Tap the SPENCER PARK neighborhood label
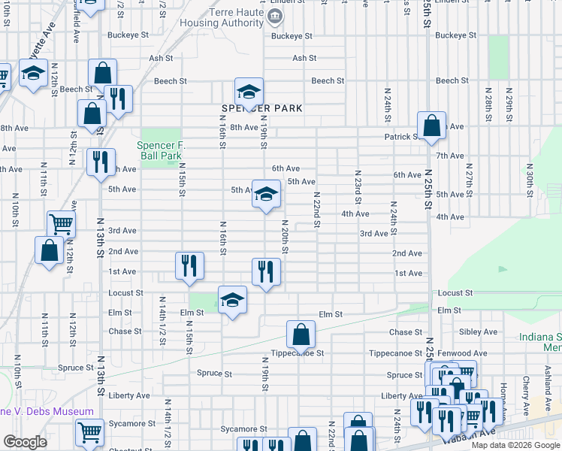261,108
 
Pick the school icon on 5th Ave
265,194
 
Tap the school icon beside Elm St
232,300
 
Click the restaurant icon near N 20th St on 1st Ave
265,272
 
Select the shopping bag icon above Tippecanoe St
301,334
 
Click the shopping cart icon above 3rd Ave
61,224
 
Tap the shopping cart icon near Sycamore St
89,432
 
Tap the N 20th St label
286,236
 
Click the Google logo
25,442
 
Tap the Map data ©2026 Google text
514,445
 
